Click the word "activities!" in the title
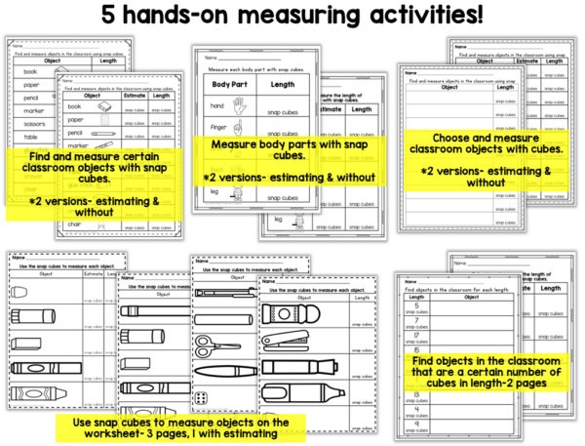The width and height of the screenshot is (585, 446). point(421,19)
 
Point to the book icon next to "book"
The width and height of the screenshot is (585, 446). point(104,110)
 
